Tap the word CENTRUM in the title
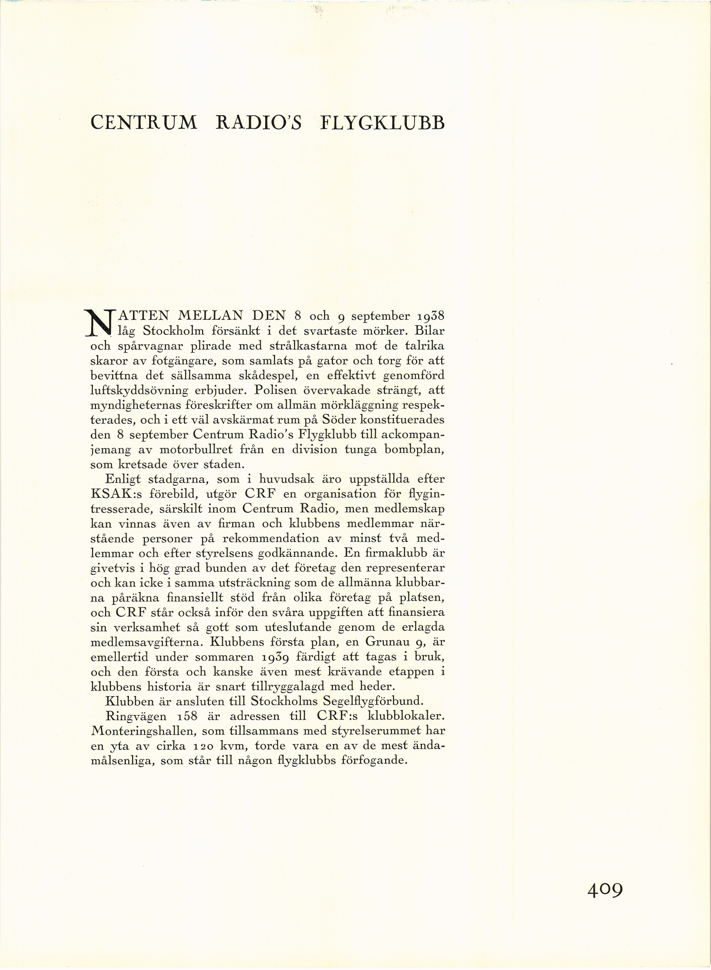144,123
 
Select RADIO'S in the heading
259,123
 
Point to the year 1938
426,316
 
